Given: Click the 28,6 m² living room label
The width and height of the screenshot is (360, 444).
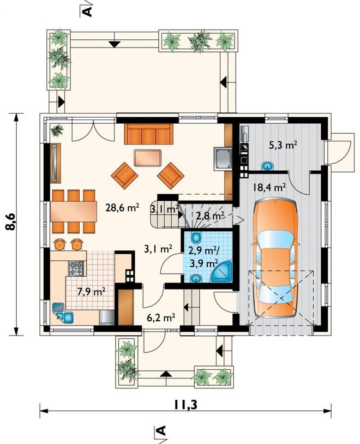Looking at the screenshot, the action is pyautogui.click(x=122, y=208).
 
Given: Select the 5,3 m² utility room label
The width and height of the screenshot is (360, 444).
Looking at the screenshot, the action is pyautogui.click(x=283, y=146).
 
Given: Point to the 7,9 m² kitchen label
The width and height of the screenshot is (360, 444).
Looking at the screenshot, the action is pyautogui.click(x=91, y=291).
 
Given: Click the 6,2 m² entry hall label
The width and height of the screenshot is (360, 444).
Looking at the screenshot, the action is pyautogui.click(x=160, y=317).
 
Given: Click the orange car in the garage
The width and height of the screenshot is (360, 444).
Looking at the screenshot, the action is pyautogui.click(x=276, y=259).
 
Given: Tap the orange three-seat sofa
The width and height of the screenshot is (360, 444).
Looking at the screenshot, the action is pyautogui.click(x=148, y=134).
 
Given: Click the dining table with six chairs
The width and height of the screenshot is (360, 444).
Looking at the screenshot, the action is pyautogui.click(x=74, y=211).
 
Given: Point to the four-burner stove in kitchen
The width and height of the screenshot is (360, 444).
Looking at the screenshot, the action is pyautogui.click(x=76, y=268).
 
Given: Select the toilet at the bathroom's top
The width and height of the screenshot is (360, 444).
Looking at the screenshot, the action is pyautogui.click(x=196, y=237).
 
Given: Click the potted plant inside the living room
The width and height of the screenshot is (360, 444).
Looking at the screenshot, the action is pyautogui.click(x=57, y=130).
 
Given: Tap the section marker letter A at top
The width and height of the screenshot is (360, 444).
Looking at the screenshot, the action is pyautogui.click(x=88, y=11).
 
